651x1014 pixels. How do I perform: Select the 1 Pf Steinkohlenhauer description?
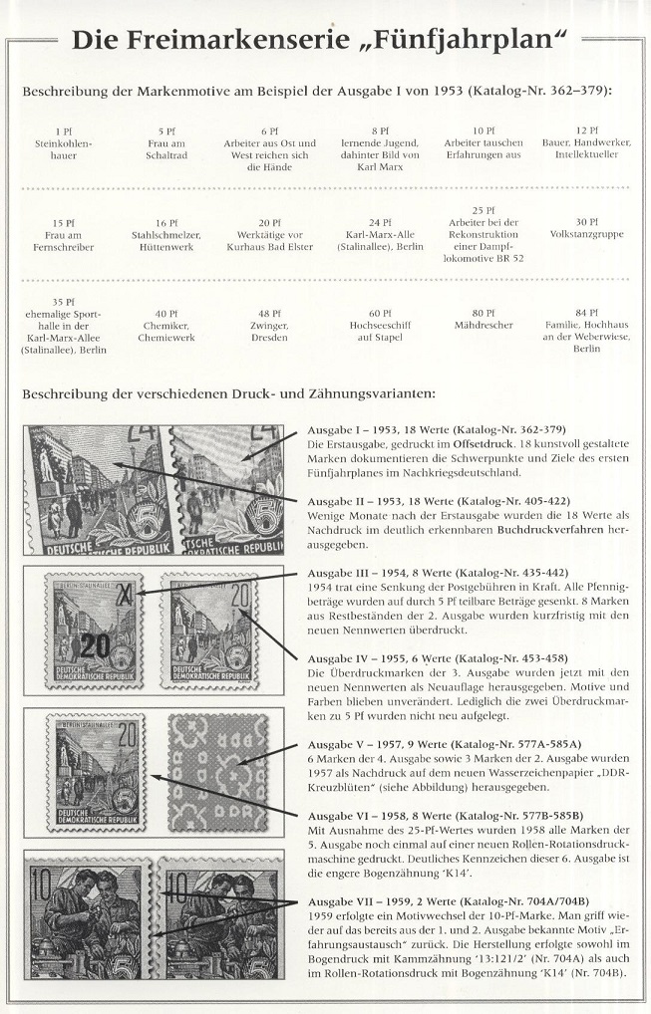pos(63,143)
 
